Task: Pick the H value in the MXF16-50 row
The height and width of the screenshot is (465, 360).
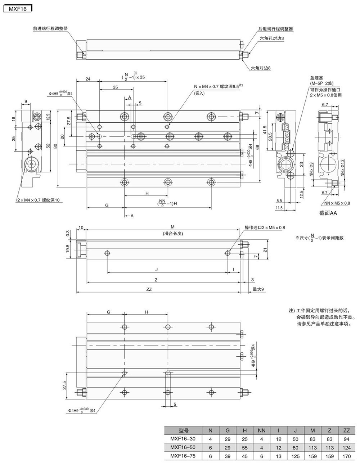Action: click(x=244, y=446)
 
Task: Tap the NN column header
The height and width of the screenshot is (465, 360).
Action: click(x=261, y=430)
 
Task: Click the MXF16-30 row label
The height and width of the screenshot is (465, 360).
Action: click(x=183, y=438)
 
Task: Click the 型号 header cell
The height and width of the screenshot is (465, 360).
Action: click(x=183, y=430)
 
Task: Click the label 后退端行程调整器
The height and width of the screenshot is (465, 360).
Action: click(x=275, y=28)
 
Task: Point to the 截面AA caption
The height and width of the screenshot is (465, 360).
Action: click(x=328, y=213)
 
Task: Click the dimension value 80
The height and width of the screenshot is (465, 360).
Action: click(x=55, y=146)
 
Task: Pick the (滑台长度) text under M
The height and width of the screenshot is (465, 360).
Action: click(x=172, y=233)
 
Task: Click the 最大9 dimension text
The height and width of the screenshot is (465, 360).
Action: click(x=258, y=289)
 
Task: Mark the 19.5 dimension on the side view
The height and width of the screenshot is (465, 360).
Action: click(x=67, y=248)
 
